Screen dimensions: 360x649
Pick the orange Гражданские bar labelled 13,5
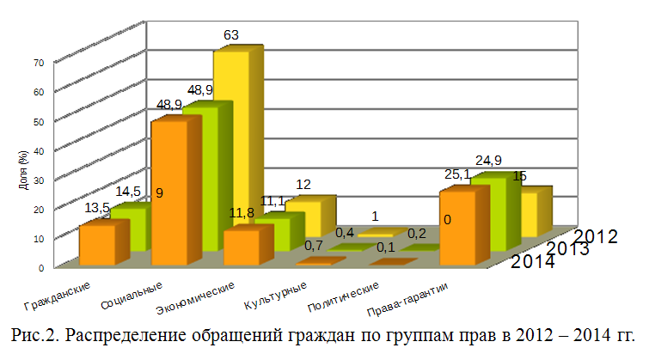point(97,243)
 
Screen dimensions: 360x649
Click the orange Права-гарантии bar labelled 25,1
point(456,228)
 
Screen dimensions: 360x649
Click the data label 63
point(230,35)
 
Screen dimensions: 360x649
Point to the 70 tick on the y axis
point(38,63)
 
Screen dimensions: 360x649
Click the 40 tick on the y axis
point(38,150)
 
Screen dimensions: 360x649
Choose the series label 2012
point(595,235)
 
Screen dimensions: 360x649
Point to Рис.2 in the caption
point(34,333)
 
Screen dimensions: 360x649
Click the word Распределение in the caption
point(125,333)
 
